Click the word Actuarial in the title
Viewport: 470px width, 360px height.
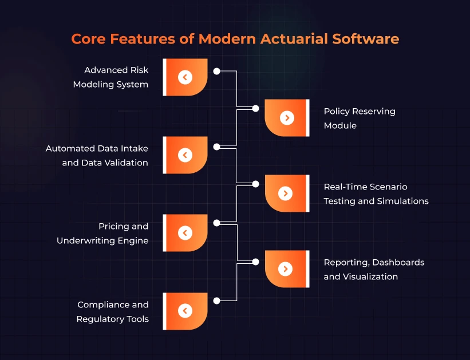tap(294, 39)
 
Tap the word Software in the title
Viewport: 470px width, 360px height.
tap(366, 39)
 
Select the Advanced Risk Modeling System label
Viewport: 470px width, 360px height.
tap(110, 77)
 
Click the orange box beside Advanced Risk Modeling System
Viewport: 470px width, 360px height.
tap(185, 77)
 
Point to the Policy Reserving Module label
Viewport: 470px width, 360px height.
tap(360, 118)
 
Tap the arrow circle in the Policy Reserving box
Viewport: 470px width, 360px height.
tap(287, 118)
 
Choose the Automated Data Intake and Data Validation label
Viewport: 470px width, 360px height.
tap(97, 156)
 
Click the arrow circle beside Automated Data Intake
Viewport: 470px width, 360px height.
tap(185, 155)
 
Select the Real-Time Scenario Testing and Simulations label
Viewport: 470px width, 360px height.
tap(376, 194)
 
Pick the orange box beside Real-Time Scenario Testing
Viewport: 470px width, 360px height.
tap(287, 193)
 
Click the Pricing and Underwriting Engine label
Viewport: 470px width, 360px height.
tap(102, 233)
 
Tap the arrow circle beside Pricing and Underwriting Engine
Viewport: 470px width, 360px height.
tap(185, 233)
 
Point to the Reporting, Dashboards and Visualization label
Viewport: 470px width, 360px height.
tap(374, 270)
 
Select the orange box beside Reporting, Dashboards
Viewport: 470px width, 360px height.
tap(287, 269)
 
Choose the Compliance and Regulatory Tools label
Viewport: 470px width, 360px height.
tap(113, 312)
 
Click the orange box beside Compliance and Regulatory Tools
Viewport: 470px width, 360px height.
tap(185, 311)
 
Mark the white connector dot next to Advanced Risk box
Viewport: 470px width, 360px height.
tap(217, 71)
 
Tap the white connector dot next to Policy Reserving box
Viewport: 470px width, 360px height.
tap(256, 109)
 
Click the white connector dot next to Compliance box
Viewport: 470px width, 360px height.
tap(217, 300)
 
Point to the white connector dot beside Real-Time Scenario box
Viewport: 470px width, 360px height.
tap(256, 184)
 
